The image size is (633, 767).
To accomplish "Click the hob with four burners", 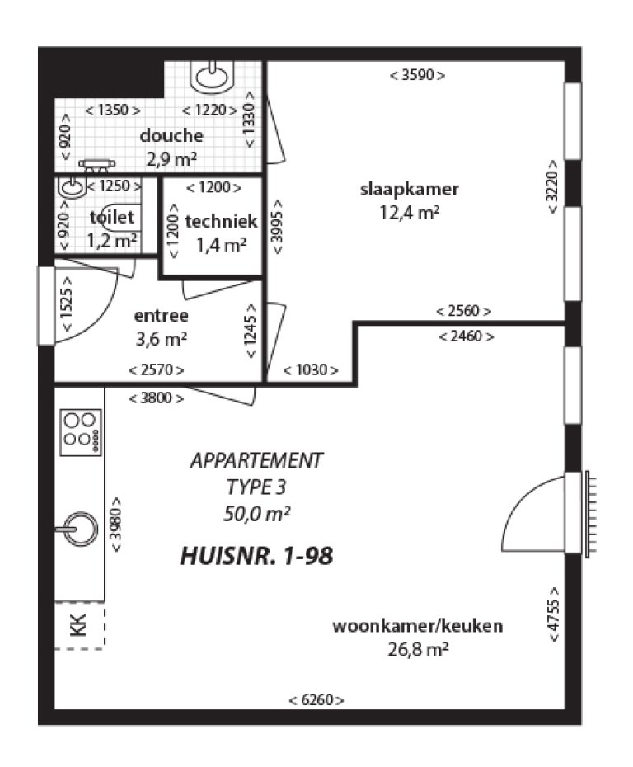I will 81,431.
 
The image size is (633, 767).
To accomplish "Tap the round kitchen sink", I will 80,527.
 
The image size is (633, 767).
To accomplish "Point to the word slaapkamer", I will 410,189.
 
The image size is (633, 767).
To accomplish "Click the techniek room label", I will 222,221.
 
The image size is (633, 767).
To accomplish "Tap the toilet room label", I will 111,218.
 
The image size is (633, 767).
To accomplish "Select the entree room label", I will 161,315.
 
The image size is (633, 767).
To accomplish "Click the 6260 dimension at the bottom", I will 316,700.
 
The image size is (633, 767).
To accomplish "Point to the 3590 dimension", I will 417,75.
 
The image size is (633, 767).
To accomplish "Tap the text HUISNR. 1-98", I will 256,557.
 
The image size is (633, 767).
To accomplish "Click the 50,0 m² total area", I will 256,514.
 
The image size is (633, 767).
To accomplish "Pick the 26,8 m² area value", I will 418,649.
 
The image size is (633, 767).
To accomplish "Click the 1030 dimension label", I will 311,370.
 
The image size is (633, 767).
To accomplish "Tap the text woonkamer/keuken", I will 418,626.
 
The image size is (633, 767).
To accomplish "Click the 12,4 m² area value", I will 410,212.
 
